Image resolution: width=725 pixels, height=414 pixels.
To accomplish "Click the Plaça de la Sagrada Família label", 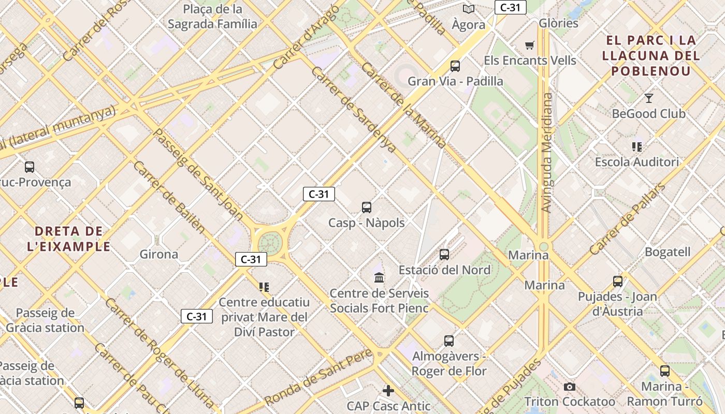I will [212, 17].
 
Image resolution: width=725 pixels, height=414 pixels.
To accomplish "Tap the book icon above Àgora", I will [469, 9].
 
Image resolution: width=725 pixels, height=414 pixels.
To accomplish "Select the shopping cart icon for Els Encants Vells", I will [529, 46].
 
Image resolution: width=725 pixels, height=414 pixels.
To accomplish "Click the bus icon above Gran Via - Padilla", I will [455, 66].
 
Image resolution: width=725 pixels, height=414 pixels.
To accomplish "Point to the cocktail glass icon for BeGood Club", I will [648, 98].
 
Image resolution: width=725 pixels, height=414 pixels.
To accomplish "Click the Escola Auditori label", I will [636, 162].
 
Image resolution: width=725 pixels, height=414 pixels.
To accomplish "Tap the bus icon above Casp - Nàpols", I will [367, 208].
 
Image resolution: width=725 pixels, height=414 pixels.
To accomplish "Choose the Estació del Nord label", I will [444, 270].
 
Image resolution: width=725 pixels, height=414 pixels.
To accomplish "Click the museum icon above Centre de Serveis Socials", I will [379, 278].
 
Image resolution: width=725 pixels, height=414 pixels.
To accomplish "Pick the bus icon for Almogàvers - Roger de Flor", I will [449, 341].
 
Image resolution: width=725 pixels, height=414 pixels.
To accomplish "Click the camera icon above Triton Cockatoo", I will [570, 387].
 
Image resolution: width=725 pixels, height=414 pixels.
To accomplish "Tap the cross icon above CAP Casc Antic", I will [388, 391].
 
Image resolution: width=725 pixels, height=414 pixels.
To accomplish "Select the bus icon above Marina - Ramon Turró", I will [665, 371].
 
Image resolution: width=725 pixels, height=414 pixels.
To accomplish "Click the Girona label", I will [159, 254].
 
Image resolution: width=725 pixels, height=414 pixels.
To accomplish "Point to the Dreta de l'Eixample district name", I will [69, 239].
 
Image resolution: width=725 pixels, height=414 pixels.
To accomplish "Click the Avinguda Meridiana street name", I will [546, 153].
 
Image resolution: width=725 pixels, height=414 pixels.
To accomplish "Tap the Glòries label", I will [558, 23].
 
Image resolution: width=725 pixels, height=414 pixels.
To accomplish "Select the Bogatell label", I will [668, 252].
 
